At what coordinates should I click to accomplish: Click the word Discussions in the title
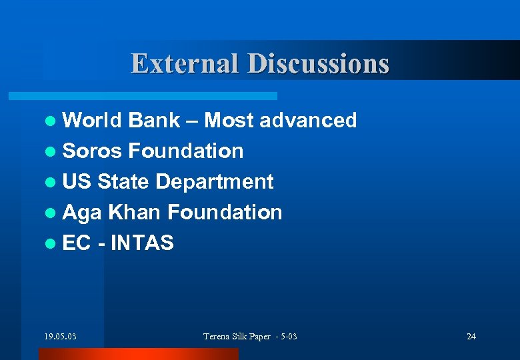tap(318, 63)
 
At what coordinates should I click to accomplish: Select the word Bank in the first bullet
tap(155, 120)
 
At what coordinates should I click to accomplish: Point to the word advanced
tap(308, 120)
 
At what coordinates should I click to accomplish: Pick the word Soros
tap(92, 151)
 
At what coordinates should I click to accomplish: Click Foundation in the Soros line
tap(185, 151)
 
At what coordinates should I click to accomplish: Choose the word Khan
tap(135, 212)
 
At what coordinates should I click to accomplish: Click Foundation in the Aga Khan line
tap(225, 212)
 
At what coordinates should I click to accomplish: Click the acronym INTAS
tap(142, 243)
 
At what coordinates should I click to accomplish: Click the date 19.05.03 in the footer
tap(60, 336)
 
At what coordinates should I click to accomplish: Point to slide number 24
tap(471, 336)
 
